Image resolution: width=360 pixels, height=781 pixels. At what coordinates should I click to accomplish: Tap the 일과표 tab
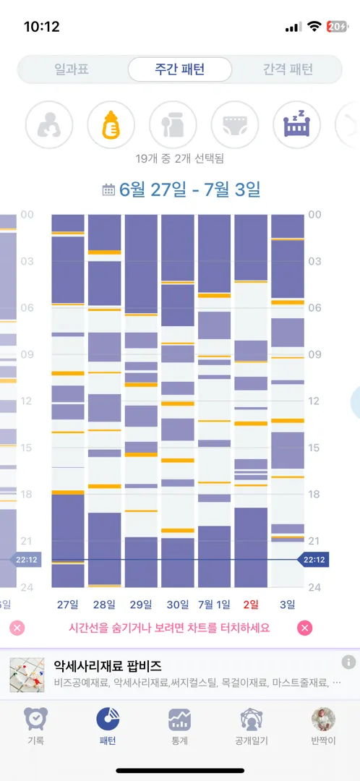coord(72,69)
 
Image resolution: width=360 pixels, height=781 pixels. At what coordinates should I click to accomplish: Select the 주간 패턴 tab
coord(180,69)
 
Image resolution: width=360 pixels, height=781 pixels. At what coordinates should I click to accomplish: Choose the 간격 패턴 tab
coord(288,69)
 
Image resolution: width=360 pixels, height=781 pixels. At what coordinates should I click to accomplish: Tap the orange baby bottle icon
coord(111,124)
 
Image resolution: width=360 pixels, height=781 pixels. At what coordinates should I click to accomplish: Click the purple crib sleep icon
coord(297,124)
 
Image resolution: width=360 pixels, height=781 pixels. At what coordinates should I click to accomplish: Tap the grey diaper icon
coord(235,124)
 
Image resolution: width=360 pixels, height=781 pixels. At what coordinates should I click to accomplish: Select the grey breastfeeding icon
coord(50,124)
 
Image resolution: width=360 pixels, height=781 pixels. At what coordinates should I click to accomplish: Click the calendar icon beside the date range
coord(108,189)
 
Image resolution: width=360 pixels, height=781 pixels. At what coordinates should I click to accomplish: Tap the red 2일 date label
coord(252,605)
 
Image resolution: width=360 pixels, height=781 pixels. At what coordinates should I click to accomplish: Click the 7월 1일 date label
coord(215,605)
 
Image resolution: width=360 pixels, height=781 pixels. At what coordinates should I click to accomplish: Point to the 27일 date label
coord(67,605)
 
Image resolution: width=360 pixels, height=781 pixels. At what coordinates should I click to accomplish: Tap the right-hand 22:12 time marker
coord(313,560)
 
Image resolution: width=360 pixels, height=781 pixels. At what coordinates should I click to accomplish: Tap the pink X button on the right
coord(305,628)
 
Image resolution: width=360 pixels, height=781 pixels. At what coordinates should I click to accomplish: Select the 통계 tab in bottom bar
coord(180,727)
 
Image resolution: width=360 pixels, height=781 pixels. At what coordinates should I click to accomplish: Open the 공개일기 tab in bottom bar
coord(252,727)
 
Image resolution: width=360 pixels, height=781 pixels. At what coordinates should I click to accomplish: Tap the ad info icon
coord(348,662)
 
